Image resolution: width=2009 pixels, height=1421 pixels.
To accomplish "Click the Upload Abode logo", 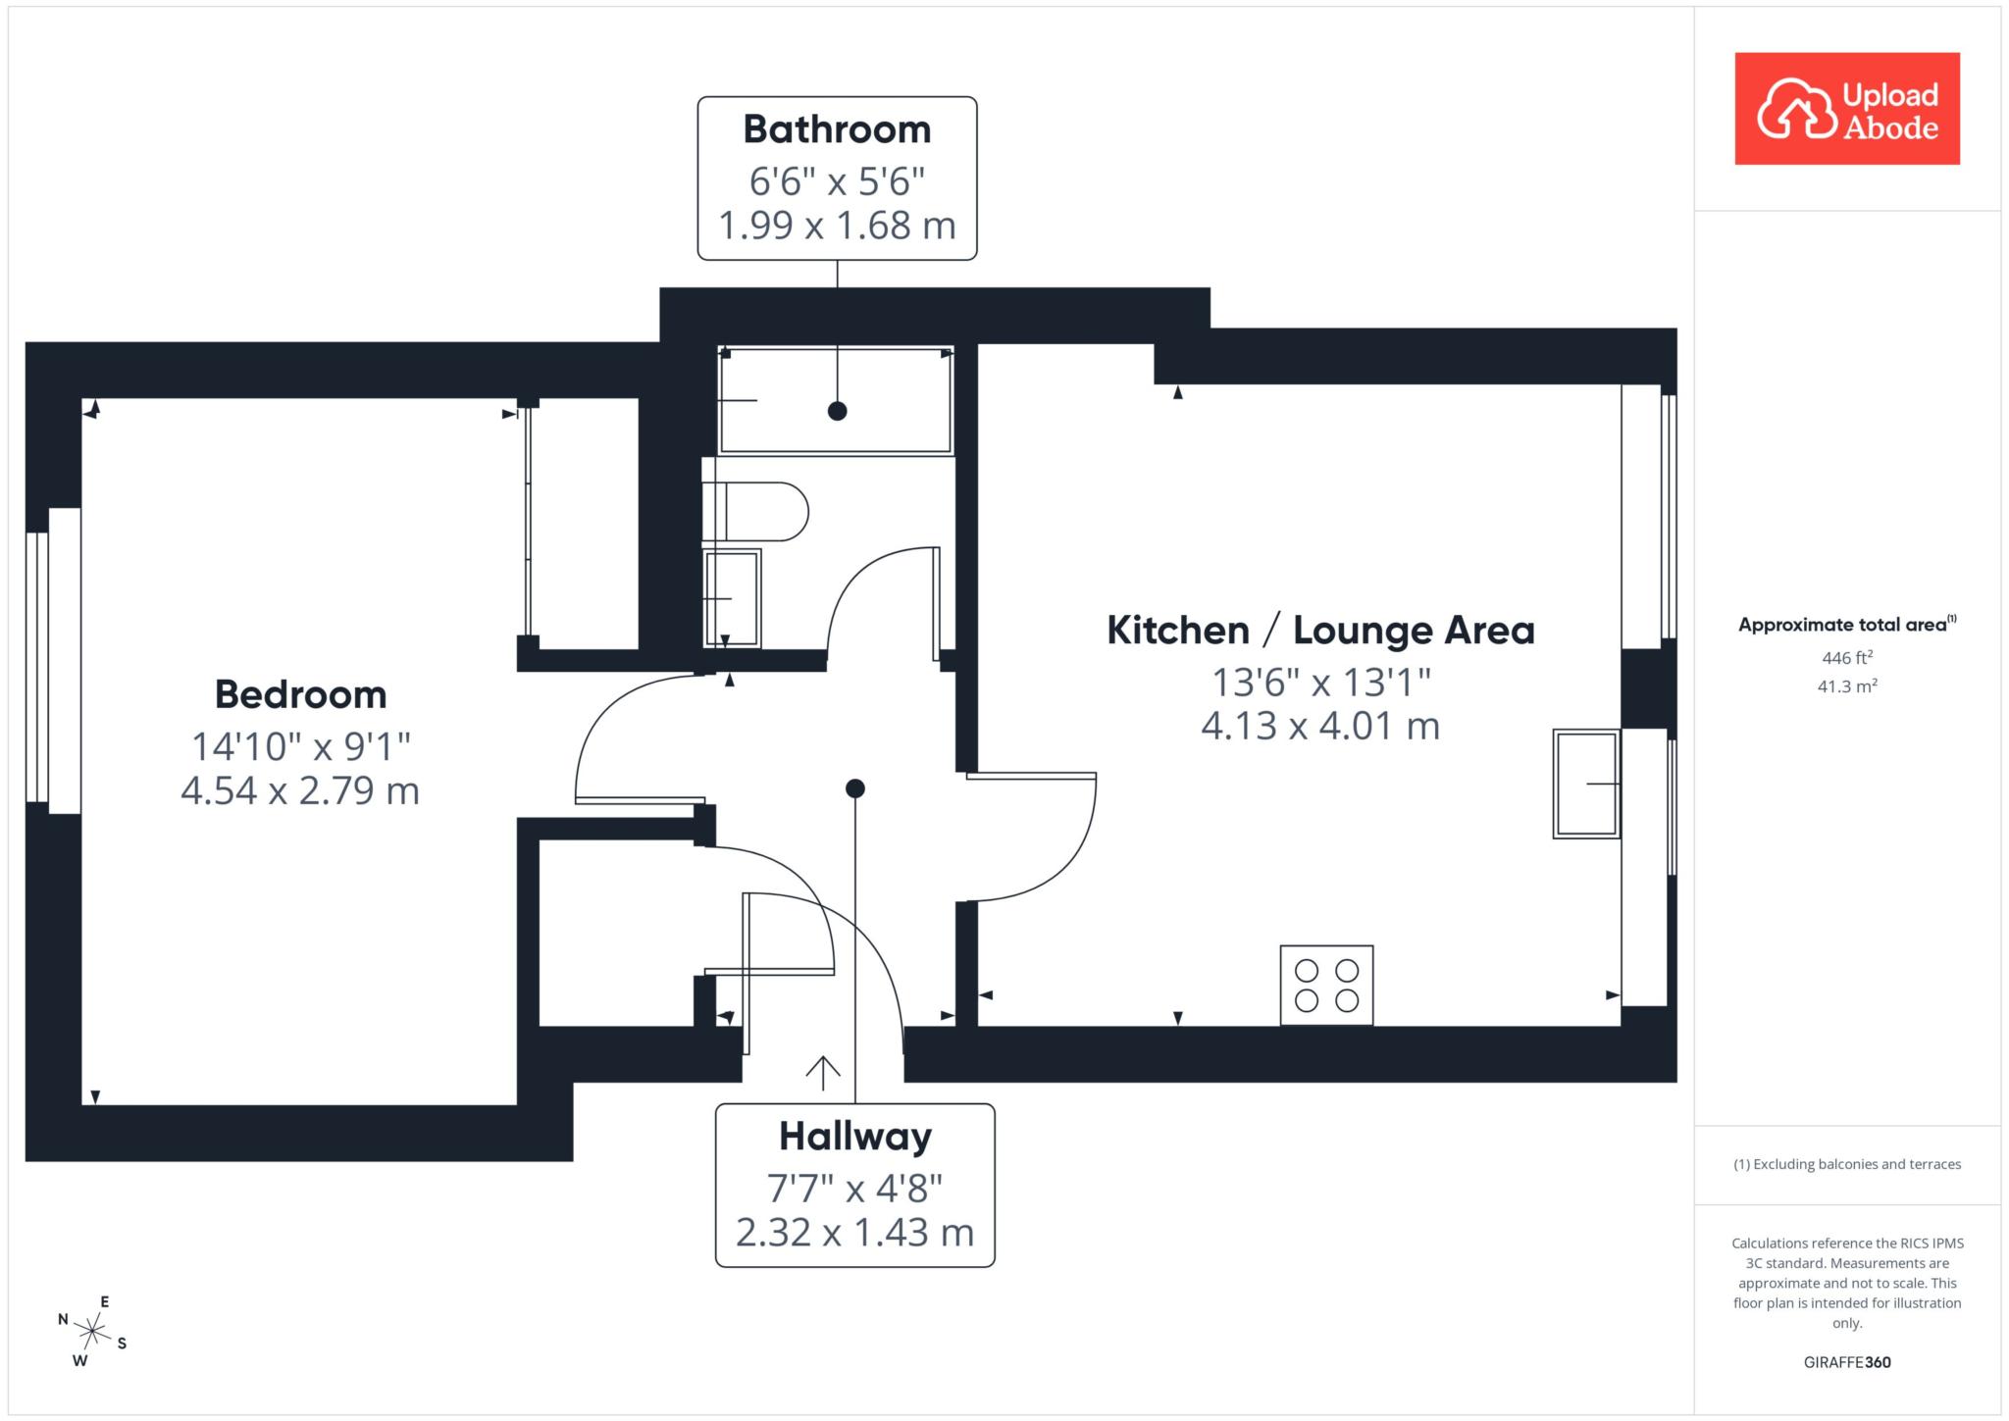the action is click(x=1846, y=108).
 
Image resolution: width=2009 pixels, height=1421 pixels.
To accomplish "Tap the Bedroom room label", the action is click(x=300, y=694).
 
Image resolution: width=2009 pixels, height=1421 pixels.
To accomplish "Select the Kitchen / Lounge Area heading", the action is click(x=1320, y=630).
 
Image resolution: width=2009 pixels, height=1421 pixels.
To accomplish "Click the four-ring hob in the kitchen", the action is click(x=1326, y=986).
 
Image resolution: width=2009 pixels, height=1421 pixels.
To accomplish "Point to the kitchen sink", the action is click(x=1586, y=784).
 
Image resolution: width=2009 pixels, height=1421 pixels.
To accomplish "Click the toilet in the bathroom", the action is click(x=754, y=511).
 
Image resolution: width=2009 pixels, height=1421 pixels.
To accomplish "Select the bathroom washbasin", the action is click(x=732, y=598).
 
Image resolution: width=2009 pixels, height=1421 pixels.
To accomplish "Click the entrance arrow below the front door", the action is click(x=822, y=1074).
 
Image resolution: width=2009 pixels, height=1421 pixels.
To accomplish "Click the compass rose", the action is click(x=92, y=1331).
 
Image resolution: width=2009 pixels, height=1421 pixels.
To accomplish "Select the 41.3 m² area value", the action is click(x=1846, y=685).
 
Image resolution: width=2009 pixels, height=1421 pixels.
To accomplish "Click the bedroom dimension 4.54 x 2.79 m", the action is click(x=300, y=790).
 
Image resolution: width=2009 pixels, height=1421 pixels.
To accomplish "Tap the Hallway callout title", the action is click(x=855, y=1137).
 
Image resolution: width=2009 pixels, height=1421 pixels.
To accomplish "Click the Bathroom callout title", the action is click(x=837, y=128).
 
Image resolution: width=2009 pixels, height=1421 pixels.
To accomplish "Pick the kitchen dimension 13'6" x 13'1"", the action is click(x=1320, y=681).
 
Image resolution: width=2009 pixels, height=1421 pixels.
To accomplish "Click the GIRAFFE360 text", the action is click(x=1846, y=1362).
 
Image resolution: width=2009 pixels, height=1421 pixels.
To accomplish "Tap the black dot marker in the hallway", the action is click(x=855, y=788).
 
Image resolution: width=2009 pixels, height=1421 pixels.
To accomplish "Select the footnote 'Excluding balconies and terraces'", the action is click(x=1857, y=1164).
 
